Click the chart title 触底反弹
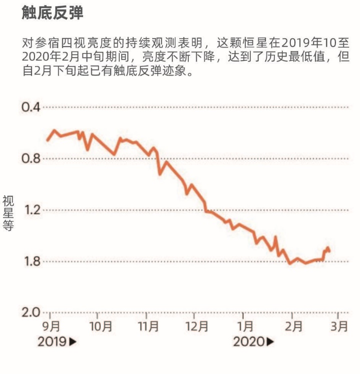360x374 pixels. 52,14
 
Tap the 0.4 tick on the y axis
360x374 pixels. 31,107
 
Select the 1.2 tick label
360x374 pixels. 31,210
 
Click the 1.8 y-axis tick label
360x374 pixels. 31,261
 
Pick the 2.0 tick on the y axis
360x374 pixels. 31,312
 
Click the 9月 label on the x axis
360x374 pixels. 51,327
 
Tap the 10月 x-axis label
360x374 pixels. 101,327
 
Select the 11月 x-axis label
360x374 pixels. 148,327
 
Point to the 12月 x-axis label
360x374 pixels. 197,327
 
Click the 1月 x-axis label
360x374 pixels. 245,327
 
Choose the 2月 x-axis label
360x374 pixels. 294,327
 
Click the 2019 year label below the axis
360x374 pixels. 52,342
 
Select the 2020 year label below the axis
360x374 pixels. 249,342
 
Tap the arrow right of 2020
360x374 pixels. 270,342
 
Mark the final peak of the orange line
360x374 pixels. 327,248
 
